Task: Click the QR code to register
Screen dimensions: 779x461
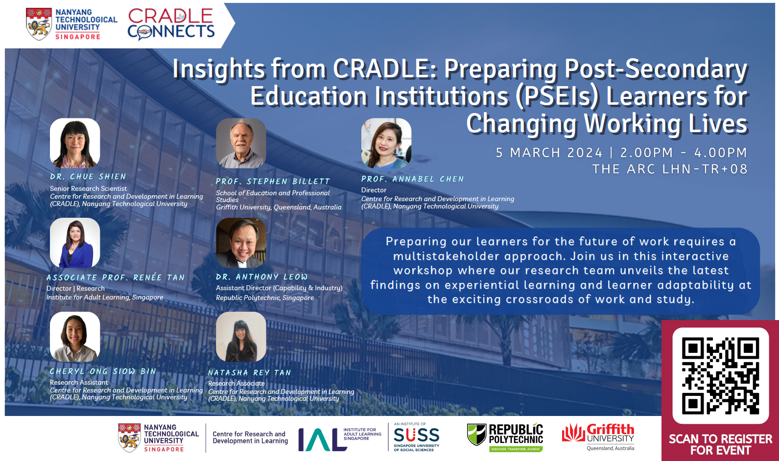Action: (720, 375)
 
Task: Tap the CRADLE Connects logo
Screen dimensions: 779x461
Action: (171, 23)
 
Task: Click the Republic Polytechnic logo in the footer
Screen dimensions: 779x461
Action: (505, 438)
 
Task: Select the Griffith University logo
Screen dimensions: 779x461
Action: (598, 437)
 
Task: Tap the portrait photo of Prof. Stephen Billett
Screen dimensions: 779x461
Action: (241, 143)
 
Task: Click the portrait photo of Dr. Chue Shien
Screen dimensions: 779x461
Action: (75, 143)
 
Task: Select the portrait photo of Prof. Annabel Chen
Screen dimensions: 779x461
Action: (386, 143)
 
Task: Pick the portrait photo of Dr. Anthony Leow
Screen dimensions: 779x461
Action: (241, 243)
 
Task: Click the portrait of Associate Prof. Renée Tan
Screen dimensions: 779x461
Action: (75, 243)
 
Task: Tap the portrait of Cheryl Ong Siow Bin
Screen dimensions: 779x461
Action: (75, 337)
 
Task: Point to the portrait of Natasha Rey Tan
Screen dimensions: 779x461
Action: (241, 337)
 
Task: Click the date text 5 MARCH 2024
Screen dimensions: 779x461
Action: (549, 152)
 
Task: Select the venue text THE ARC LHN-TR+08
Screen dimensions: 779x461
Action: (670, 169)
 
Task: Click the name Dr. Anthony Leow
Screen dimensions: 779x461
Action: (261, 277)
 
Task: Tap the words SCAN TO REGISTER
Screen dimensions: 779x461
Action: (720, 439)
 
